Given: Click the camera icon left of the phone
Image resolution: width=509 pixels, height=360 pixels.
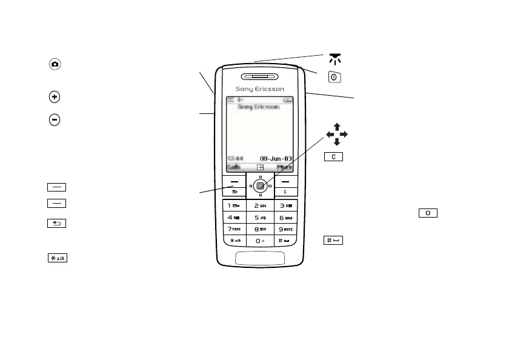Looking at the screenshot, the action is point(55,64).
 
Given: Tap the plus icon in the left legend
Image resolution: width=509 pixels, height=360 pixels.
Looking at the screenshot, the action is point(55,97).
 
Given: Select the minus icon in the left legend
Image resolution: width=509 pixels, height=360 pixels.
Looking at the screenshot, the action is point(55,119).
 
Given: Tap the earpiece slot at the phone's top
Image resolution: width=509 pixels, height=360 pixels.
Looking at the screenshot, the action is point(259,77).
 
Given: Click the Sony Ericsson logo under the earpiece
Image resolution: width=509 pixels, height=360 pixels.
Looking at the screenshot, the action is point(259,89).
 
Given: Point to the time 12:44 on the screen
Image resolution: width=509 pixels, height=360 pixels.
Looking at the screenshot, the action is point(234,159).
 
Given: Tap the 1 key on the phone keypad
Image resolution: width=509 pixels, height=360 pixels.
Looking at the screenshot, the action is point(234,205).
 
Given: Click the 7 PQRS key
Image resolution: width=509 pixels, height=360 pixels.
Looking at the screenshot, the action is point(234,228).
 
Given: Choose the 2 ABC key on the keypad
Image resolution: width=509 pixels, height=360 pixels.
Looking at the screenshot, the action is point(260,205).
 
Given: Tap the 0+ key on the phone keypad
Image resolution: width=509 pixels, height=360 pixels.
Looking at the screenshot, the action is point(260,241).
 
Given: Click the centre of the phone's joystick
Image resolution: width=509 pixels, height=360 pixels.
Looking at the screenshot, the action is point(259,186).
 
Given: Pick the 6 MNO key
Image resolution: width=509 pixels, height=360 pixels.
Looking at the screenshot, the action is point(285,217).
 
